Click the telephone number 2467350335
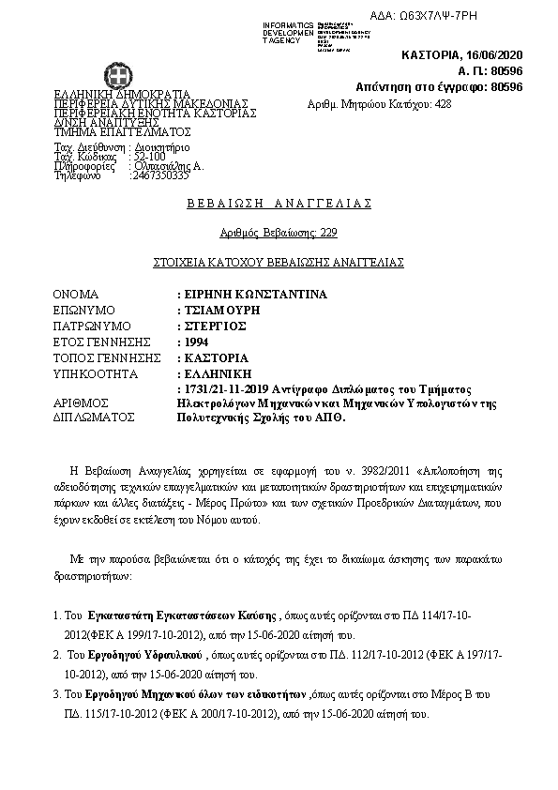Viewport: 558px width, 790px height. [161, 175]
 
